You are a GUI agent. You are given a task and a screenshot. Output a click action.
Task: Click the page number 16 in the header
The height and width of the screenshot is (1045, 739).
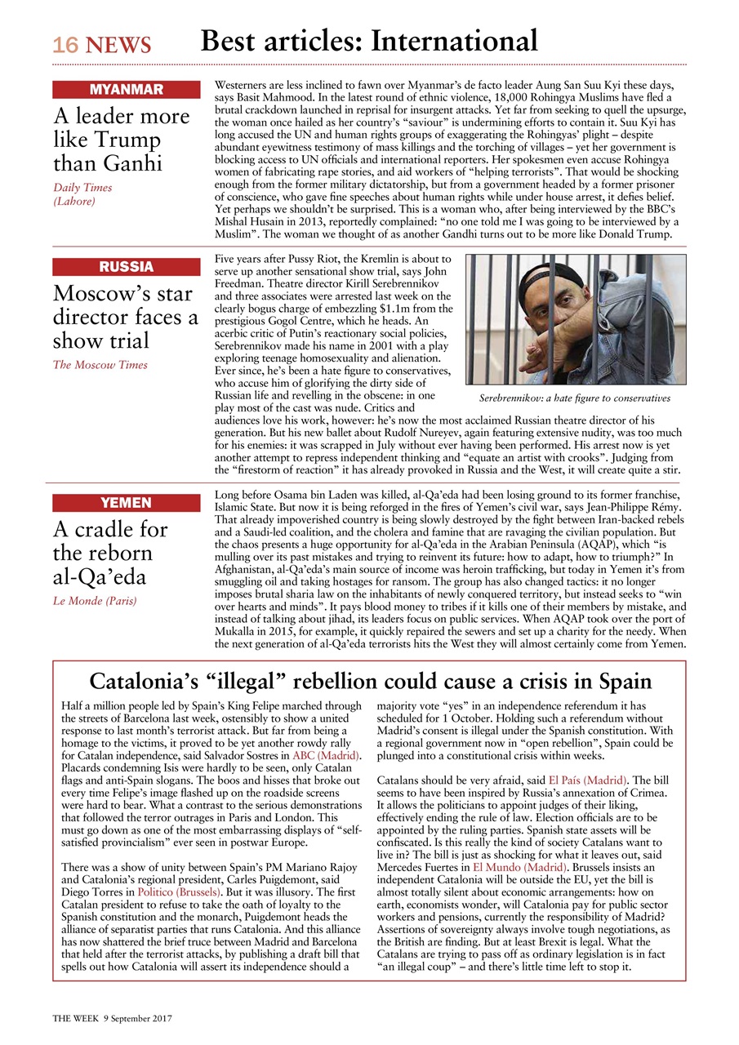65,46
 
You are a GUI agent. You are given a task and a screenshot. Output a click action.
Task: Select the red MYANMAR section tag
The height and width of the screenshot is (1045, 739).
126,90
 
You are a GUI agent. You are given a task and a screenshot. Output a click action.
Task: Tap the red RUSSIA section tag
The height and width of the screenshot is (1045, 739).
126,267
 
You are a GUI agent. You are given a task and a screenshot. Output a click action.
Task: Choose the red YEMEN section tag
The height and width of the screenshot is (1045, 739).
126,503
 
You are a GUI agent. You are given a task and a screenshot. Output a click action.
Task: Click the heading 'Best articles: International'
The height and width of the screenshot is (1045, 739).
369,41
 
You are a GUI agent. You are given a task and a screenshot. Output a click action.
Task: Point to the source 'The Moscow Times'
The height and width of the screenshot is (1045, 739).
100,365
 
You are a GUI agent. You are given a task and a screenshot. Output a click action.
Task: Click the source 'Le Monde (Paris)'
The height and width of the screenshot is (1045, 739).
95,601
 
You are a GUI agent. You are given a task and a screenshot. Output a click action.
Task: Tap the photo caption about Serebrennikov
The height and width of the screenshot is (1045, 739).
574,398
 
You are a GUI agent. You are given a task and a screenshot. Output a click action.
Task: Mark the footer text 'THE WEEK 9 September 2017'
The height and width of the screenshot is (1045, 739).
113,1019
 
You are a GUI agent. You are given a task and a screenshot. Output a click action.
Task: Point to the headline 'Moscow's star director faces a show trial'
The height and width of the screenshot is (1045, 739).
125,317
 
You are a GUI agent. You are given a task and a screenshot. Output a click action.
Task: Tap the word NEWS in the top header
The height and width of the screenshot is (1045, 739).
118,46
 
